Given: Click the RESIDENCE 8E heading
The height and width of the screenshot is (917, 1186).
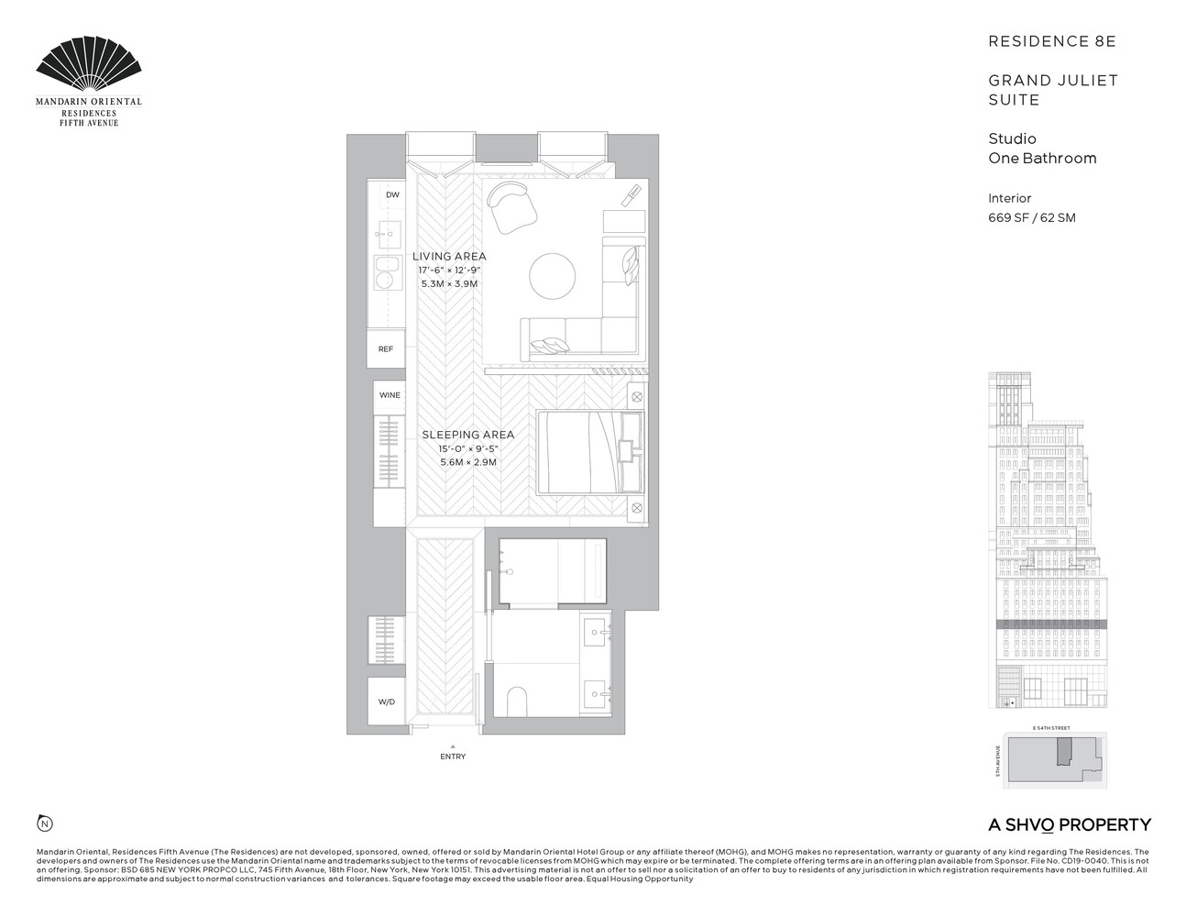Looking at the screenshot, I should tap(1051, 41).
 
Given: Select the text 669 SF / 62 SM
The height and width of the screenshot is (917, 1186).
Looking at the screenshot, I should tap(1031, 218).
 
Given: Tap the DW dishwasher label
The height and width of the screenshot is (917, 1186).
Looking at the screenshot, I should tap(392, 195).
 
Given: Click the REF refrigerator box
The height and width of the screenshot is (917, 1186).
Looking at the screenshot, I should tap(386, 349).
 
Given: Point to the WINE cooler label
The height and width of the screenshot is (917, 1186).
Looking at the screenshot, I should tap(390, 395).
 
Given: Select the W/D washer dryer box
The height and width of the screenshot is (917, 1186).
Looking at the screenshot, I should tap(387, 702).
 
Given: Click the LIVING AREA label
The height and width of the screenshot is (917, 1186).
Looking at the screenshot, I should tap(449, 257).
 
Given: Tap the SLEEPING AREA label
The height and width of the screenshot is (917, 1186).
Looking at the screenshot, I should tap(467, 435).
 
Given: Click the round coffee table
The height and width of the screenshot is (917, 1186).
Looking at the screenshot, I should tap(553, 275).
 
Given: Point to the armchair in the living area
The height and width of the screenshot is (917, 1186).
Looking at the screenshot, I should tap(509, 206).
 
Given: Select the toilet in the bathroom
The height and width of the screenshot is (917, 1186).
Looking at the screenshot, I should tap(518, 702).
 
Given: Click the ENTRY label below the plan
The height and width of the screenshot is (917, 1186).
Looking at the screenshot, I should tap(453, 757).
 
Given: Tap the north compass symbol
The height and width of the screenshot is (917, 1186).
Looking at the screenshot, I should tap(43, 823).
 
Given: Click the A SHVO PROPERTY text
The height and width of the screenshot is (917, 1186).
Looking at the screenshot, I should tap(1069, 824).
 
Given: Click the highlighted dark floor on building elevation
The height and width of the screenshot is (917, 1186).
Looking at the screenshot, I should tap(1051, 624).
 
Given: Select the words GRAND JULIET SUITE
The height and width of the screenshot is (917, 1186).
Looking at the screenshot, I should tap(1052, 90).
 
